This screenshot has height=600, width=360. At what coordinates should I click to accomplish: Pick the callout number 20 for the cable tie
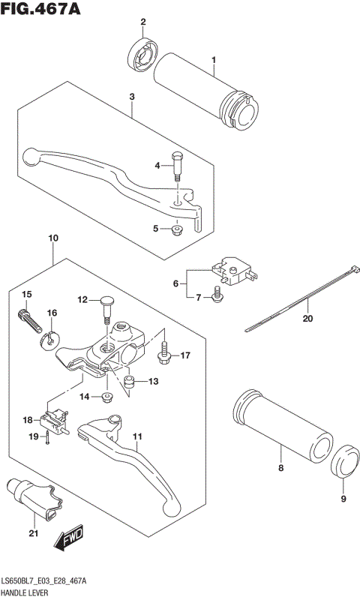point(305,318)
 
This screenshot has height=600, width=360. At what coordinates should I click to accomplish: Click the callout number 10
point(52,238)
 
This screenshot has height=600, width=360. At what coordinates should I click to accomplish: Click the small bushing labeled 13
point(128,385)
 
